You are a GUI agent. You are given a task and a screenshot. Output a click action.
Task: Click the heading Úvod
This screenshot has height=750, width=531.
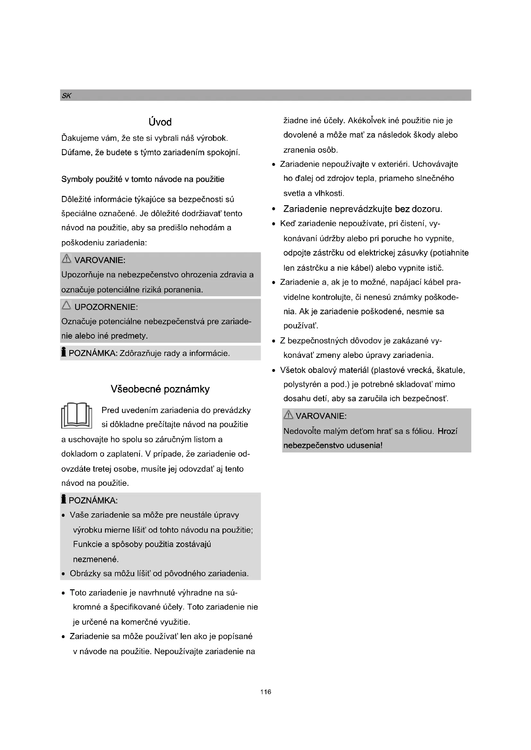(x=160, y=122)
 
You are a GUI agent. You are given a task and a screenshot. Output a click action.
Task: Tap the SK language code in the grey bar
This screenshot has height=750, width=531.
(x=66, y=96)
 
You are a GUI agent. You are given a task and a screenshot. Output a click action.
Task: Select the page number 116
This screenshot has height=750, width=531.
(x=265, y=692)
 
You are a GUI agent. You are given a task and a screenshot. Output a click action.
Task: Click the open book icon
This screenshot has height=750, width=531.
(x=76, y=416)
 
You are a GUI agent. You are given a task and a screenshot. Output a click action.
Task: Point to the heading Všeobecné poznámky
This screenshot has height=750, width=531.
(x=160, y=389)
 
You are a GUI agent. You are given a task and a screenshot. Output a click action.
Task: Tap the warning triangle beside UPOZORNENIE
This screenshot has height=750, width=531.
(x=66, y=306)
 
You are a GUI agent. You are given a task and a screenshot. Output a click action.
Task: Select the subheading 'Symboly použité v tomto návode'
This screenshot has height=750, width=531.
(x=143, y=179)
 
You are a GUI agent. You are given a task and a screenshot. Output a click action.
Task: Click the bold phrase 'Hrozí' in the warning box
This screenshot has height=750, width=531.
(x=447, y=431)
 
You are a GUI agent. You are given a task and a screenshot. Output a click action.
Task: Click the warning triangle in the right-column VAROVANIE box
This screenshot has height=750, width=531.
(x=288, y=415)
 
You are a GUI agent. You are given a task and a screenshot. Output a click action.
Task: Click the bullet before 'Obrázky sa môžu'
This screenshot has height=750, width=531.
(x=63, y=574)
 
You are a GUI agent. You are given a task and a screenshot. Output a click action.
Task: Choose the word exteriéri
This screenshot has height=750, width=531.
(x=392, y=164)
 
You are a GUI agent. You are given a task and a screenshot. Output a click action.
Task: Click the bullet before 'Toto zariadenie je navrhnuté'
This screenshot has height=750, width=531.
(x=63, y=593)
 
